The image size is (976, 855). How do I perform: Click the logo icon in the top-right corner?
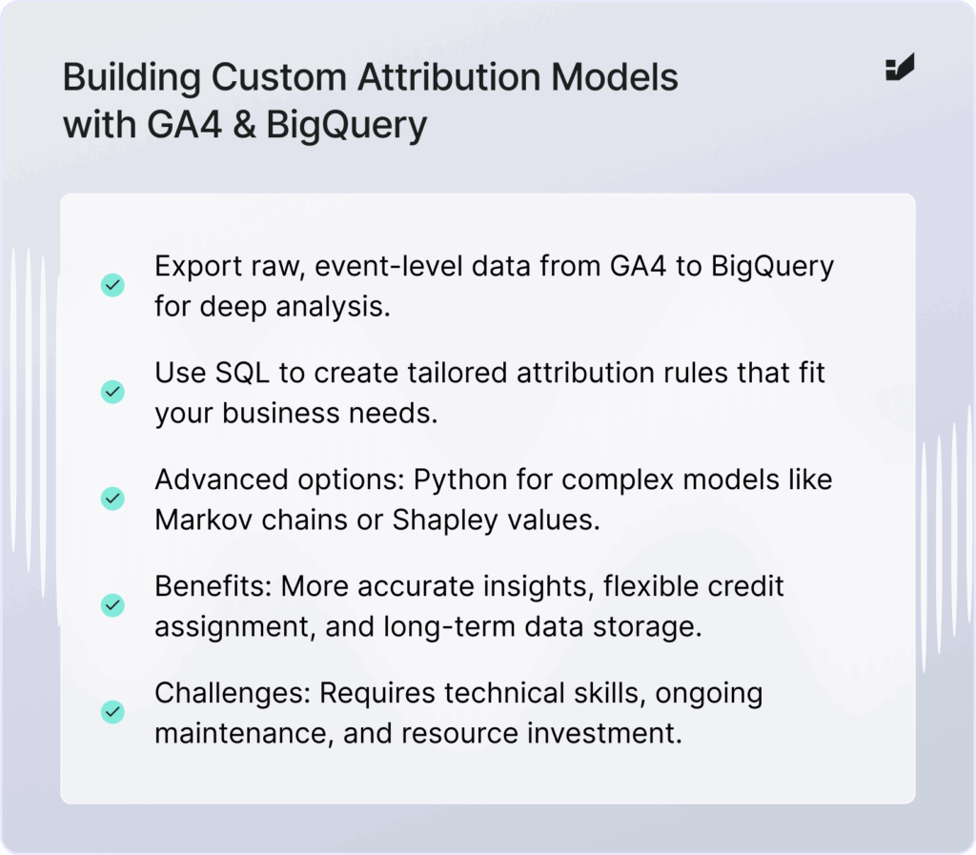click(900, 68)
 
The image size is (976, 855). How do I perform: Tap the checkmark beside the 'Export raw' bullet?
click(112, 285)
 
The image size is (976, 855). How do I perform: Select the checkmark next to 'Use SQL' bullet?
click(112, 392)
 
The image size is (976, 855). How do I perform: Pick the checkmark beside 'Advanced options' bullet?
click(112, 499)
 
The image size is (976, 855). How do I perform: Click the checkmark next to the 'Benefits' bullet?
click(112, 605)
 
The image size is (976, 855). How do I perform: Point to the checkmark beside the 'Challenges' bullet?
click(112, 712)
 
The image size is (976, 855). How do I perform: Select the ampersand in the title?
click(245, 125)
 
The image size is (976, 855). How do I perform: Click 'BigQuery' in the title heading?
click(347, 126)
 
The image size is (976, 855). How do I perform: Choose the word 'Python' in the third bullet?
click(460, 480)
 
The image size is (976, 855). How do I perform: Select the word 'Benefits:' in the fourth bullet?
click(213, 586)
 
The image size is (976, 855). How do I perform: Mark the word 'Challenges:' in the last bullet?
click(233, 694)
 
